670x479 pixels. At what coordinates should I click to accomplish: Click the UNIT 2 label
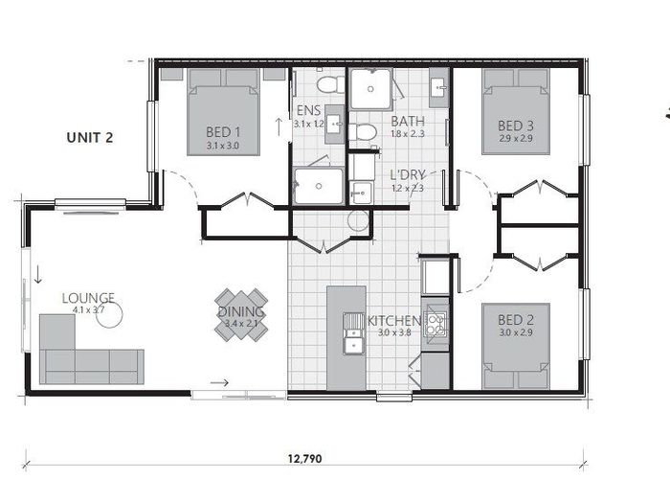click(x=90, y=137)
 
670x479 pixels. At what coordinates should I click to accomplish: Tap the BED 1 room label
click(x=223, y=131)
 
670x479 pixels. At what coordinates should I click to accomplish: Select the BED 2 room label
click(x=515, y=319)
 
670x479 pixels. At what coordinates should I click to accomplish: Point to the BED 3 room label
click(x=515, y=125)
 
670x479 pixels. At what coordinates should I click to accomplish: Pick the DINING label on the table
click(x=241, y=311)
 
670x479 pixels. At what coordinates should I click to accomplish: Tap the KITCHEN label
click(x=393, y=320)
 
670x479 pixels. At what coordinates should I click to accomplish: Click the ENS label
click(x=308, y=111)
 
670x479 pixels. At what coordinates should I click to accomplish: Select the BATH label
click(x=408, y=121)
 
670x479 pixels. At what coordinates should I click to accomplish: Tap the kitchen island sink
click(x=351, y=340)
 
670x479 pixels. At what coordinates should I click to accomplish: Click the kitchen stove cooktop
click(x=435, y=323)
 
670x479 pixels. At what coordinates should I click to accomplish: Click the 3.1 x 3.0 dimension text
click(x=223, y=146)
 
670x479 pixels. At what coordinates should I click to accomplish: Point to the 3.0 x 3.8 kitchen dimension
click(x=393, y=333)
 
